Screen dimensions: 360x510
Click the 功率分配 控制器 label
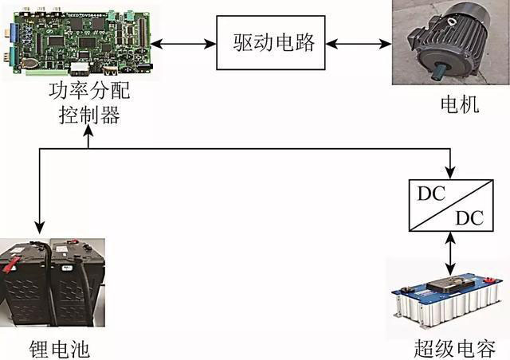pos(88,104)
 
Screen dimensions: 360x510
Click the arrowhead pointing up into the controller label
pos(87,131)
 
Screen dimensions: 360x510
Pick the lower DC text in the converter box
pos(471,218)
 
